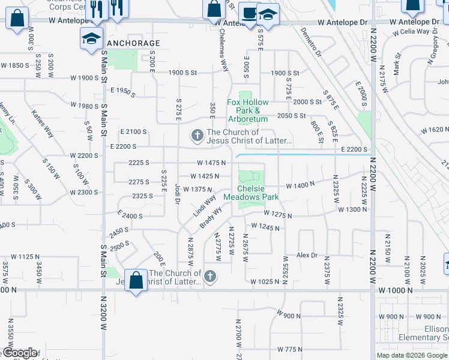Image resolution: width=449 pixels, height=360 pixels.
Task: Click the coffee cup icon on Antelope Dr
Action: pos(247,13)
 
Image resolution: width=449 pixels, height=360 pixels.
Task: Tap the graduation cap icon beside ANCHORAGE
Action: pos(91,40)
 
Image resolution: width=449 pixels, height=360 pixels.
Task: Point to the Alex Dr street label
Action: pos(306,255)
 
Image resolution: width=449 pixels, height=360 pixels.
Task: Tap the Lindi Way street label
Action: pos(204,206)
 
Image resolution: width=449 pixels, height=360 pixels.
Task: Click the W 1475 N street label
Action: pos(211,163)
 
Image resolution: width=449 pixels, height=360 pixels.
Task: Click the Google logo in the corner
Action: pos(19,353)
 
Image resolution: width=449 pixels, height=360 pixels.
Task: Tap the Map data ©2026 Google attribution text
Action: pos(412,355)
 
